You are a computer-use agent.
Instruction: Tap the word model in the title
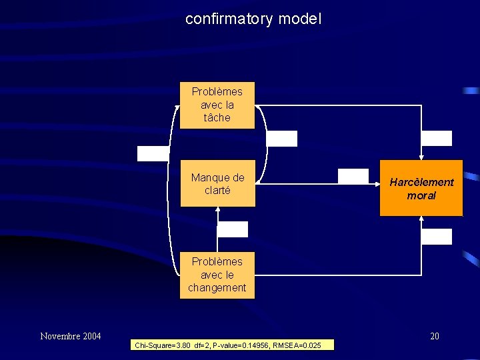(299, 19)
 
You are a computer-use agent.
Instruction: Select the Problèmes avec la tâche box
(217, 105)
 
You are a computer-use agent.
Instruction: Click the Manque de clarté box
(217, 183)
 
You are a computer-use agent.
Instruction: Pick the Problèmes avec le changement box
(217, 275)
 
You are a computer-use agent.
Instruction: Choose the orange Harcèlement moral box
(421, 189)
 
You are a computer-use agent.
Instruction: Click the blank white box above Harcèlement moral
(437, 138)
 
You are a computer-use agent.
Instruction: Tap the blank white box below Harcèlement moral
(437, 236)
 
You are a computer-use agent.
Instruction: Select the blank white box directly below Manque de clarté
(232, 229)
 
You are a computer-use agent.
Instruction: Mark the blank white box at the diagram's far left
(153, 153)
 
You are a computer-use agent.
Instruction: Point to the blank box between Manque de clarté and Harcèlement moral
(353, 176)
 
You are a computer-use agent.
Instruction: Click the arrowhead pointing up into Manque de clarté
(217, 209)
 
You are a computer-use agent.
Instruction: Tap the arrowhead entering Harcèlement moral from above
(421, 157)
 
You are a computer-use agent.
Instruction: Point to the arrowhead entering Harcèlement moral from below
(421, 220)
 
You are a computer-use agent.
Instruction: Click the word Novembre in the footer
(61, 336)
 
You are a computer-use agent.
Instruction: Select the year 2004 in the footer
(91, 336)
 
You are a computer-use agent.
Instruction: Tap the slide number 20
(434, 336)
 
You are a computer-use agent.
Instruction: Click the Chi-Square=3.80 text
(163, 345)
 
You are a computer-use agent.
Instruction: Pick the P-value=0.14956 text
(237, 345)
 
